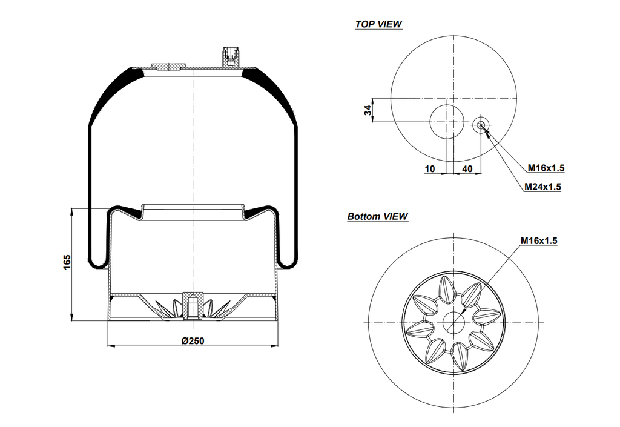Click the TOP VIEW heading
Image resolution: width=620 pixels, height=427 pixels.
point(378,24)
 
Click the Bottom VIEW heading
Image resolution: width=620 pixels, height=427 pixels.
point(377,216)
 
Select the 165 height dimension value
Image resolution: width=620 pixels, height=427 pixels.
point(67,262)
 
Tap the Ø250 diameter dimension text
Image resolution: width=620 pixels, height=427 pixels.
point(193,340)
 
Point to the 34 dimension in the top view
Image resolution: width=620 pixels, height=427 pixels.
point(368,110)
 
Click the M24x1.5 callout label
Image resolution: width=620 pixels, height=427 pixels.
point(542,187)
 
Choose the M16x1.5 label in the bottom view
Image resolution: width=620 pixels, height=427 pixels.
point(538,240)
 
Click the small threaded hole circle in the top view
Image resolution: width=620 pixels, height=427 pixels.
point(481,125)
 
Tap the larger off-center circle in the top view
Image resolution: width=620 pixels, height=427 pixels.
point(447,121)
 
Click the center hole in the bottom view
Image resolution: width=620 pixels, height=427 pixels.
point(453,322)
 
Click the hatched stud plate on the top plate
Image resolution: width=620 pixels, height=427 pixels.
point(167,66)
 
